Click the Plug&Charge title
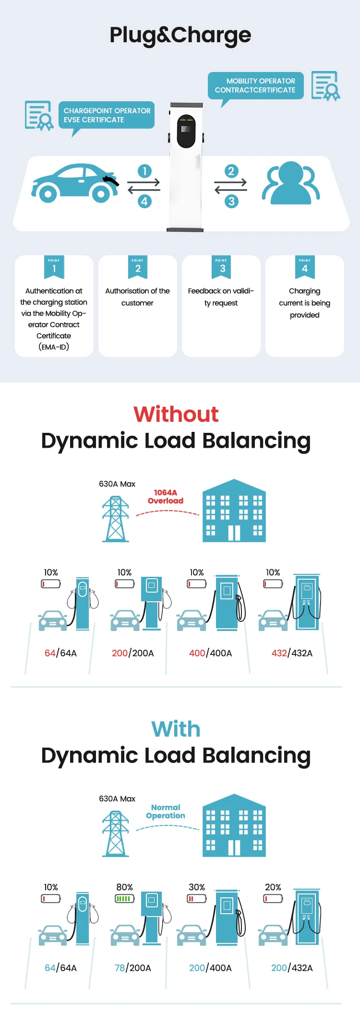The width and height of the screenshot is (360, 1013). tap(180, 35)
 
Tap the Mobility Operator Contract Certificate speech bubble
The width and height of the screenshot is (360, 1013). tap(255, 85)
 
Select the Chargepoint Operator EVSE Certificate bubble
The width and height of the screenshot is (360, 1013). tap(107, 115)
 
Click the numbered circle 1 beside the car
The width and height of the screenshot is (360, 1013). tap(144, 171)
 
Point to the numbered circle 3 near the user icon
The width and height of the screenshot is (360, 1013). tap(231, 201)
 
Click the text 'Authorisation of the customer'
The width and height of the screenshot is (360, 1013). tap(137, 297)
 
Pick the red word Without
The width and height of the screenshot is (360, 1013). tap(176, 414)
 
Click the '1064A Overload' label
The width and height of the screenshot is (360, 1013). tap(166, 497)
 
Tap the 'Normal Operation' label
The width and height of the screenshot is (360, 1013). tap(166, 811)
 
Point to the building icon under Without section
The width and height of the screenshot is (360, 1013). tap(234, 511)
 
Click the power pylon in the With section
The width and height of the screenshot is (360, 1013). tap(116, 834)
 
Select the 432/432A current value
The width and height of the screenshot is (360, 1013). tap(292, 653)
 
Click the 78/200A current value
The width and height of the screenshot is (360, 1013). tap(132, 968)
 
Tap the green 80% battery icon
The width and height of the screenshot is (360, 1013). tap(124, 898)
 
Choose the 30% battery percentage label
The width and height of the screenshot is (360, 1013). tap(197, 887)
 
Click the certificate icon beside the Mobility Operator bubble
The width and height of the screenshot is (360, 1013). tap(325, 86)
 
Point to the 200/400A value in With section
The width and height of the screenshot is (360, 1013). tap(210, 968)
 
